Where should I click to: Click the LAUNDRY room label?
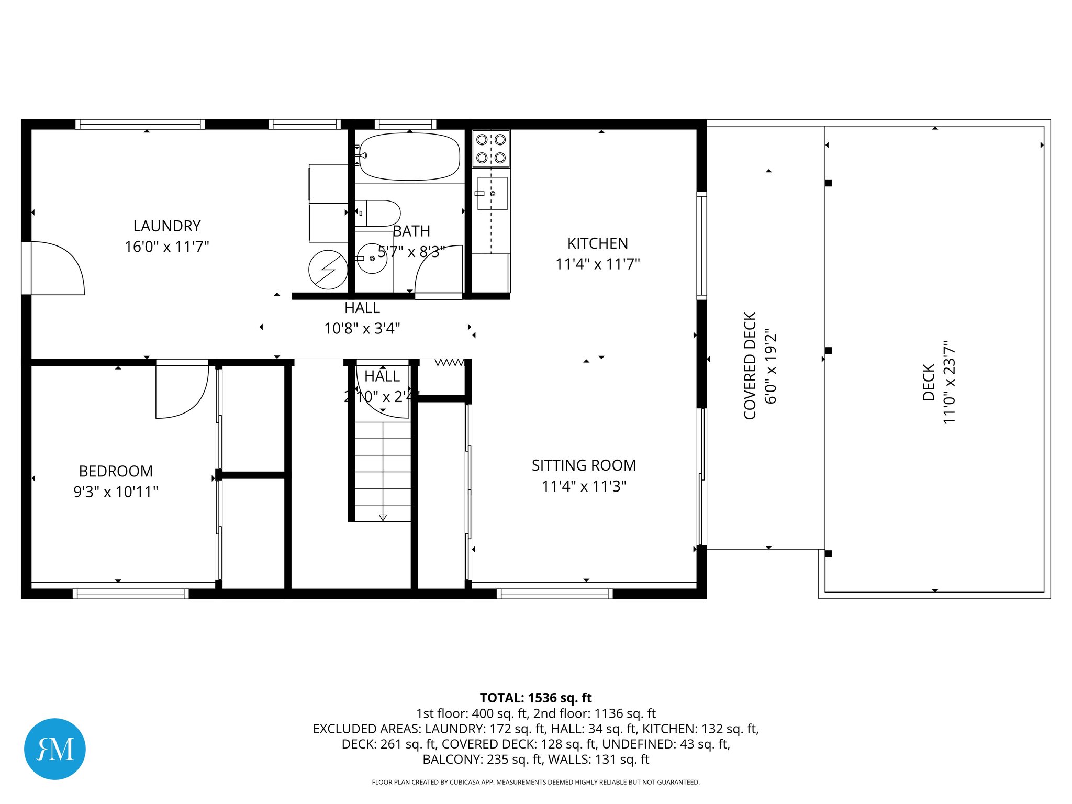167,226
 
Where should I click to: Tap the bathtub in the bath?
409,157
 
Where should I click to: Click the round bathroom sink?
372,258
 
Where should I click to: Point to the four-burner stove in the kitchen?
491,149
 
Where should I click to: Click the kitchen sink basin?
493,194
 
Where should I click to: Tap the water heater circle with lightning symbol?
328,270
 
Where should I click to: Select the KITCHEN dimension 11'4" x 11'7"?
597,264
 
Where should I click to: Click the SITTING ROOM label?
584,465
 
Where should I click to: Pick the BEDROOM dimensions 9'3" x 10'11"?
116,492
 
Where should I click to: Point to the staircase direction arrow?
383,517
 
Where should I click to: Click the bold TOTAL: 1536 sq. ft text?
535,698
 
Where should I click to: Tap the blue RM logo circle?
55,749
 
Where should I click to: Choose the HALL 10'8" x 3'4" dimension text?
362,329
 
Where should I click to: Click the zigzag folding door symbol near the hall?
449,362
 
